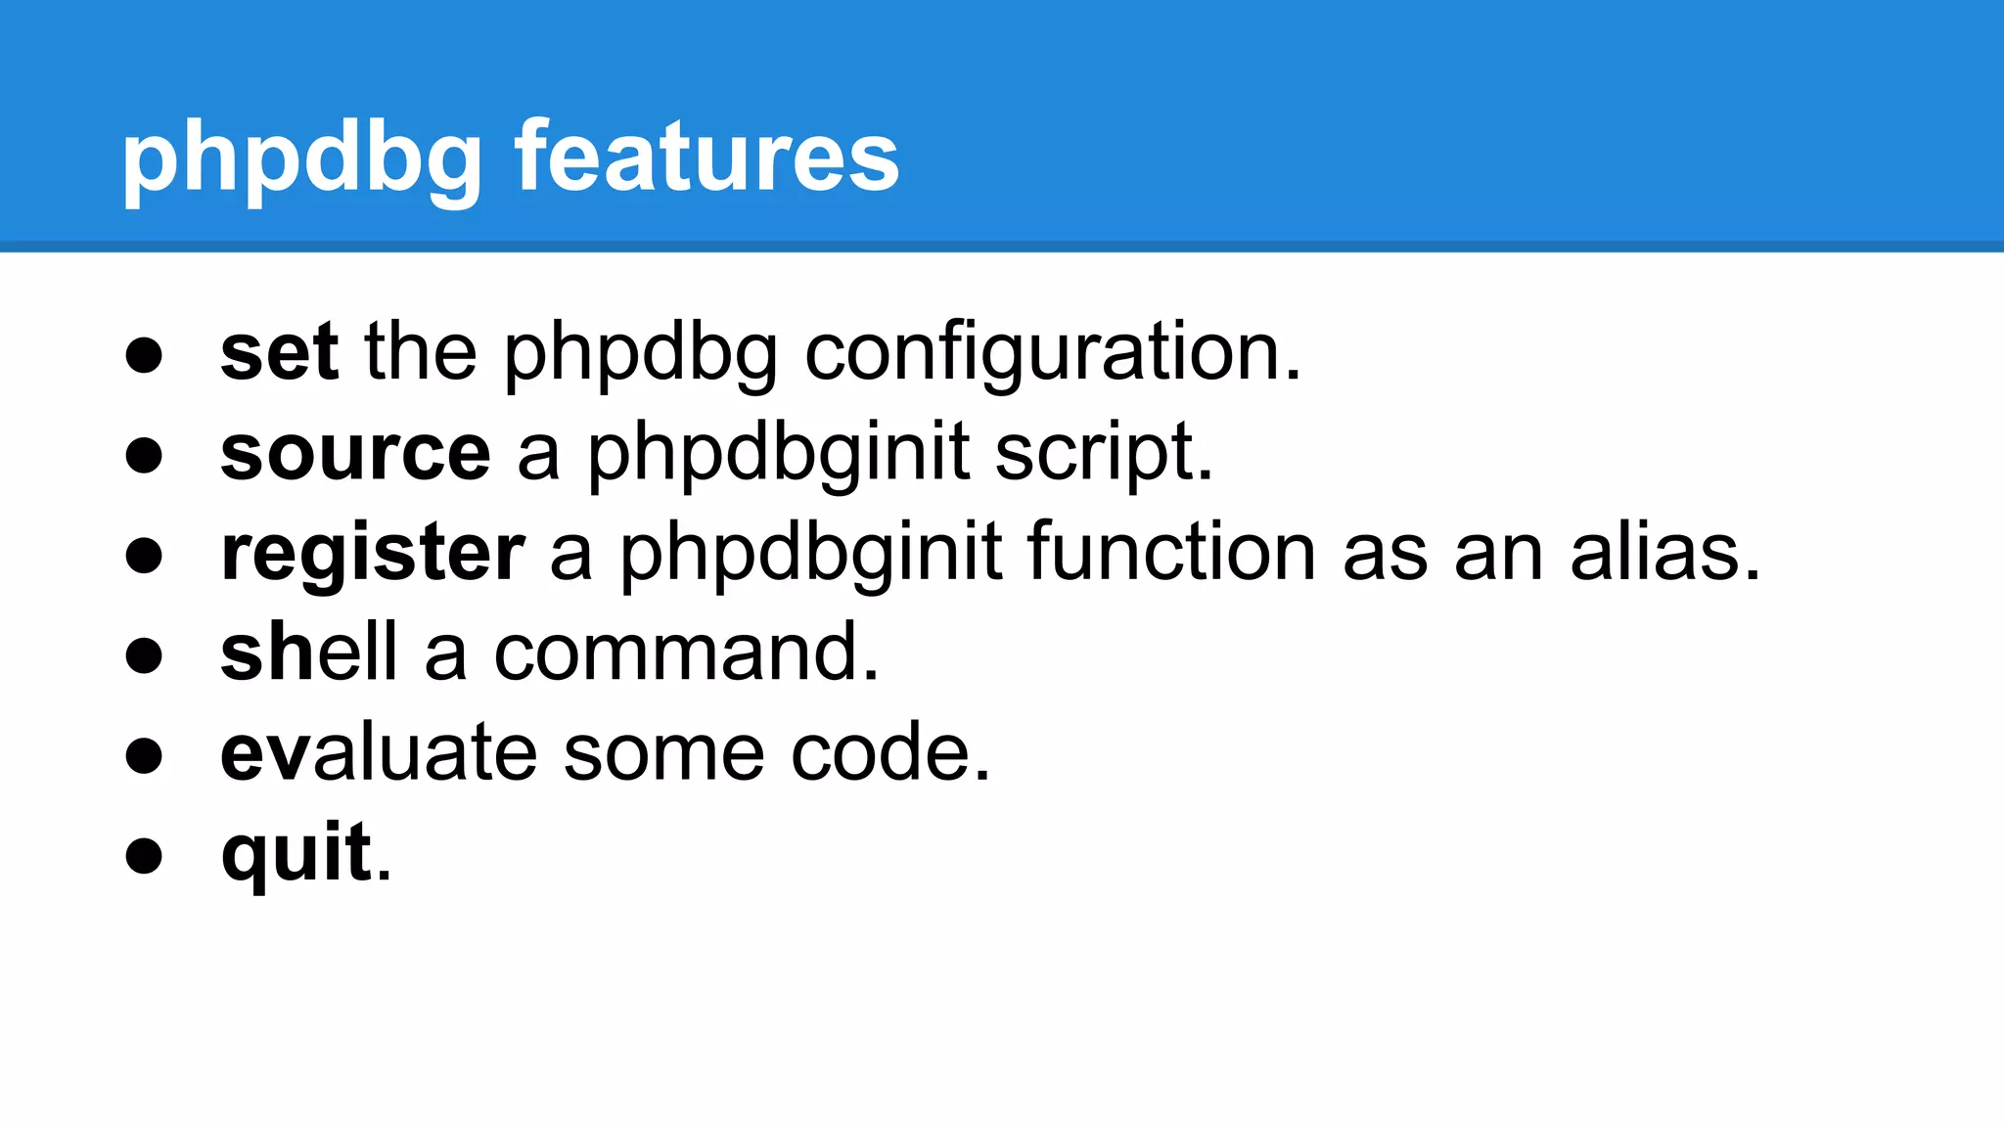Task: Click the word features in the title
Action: coord(706,157)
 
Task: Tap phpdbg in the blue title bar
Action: coord(301,159)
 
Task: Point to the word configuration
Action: coord(1052,354)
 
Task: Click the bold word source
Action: coord(355,453)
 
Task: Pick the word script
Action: coord(1103,455)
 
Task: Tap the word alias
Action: coord(1664,553)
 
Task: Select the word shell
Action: coord(308,653)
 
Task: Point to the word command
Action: coord(685,653)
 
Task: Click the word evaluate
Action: coord(379,753)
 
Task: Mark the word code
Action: coord(889,753)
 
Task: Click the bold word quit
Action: coord(296,853)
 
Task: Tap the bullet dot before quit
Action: coord(144,856)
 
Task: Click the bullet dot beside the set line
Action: coord(144,355)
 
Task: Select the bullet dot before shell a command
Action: coord(144,655)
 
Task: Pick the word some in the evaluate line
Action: coord(663,753)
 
